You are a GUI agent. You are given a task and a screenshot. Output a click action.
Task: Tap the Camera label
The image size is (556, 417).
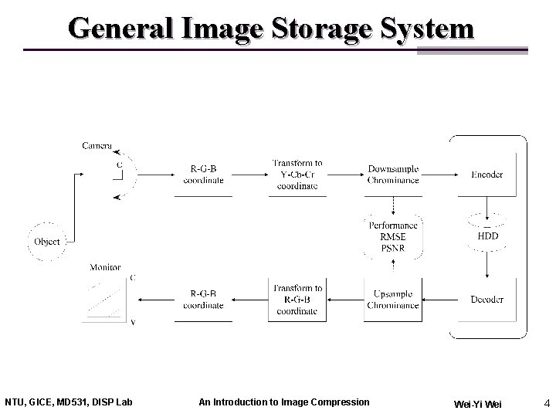pyautogui.click(x=97, y=146)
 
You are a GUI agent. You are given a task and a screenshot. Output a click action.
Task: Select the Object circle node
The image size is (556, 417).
pyautogui.click(x=47, y=242)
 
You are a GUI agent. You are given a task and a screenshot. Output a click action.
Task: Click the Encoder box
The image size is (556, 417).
pyautogui.click(x=487, y=175)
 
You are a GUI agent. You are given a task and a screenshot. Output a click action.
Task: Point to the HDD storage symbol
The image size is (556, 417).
pyautogui.click(x=488, y=236)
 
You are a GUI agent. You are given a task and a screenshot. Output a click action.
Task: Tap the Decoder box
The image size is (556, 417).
pyautogui.click(x=487, y=300)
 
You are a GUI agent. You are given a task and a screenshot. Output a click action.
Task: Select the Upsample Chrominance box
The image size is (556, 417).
pyautogui.click(x=393, y=300)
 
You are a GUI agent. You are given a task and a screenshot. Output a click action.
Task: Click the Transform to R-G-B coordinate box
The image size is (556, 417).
pyautogui.click(x=297, y=300)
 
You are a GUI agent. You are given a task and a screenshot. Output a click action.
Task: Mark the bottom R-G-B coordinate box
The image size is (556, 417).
pyautogui.click(x=203, y=300)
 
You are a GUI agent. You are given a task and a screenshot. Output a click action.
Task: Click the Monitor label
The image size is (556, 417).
pyautogui.click(x=105, y=267)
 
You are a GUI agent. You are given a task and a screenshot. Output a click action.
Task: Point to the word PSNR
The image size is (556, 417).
pyautogui.click(x=393, y=248)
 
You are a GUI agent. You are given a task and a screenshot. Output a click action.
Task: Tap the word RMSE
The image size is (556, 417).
pyautogui.click(x=393, y=237)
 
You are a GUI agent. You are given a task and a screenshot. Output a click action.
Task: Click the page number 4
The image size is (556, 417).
pyautogui.click(x=546, y=402)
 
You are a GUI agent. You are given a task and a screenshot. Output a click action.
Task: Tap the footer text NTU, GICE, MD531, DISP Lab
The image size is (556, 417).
pyautogui.click(x=69, y=402)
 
